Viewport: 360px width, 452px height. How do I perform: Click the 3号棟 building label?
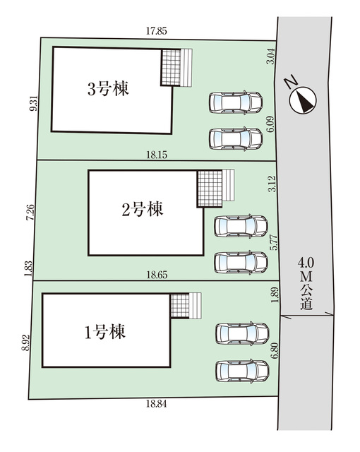click(x=108, y=88)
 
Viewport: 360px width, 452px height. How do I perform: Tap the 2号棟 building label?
click(x=143, y=209)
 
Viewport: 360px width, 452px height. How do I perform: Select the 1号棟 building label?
click(x=105, y=331)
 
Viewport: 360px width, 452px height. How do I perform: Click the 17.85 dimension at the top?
click(x=157, y=31)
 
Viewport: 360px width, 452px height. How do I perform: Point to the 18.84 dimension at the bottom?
click(x=157, y=404)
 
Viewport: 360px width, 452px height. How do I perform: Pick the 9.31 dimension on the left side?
click(x=34, y=103)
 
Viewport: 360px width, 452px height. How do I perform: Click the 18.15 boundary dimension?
click(x=157, y=155)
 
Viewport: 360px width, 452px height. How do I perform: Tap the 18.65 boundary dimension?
click(x=157, y=275)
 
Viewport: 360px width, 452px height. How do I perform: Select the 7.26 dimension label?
click(x=30, y=213)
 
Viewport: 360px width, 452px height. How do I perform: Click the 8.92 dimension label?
click(x=25, y=343)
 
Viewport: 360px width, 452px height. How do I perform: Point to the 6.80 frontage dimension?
click(x=274, y=350)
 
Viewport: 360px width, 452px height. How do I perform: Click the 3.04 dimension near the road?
click(x=272, y=56)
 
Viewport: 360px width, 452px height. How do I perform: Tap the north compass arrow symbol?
click(x=303, y=100)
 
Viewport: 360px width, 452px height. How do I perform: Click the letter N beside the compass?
click(x=292, y=82)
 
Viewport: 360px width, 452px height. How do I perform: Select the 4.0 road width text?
click(x=306, y=263)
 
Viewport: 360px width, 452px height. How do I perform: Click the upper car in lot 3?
click(x=236, y=102)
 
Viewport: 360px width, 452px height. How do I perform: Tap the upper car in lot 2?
click(x=241, y=226)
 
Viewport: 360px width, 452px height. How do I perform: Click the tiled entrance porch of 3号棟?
click(x=171, y=67)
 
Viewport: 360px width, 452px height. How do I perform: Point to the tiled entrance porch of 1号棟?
click(x=180, y=306)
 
